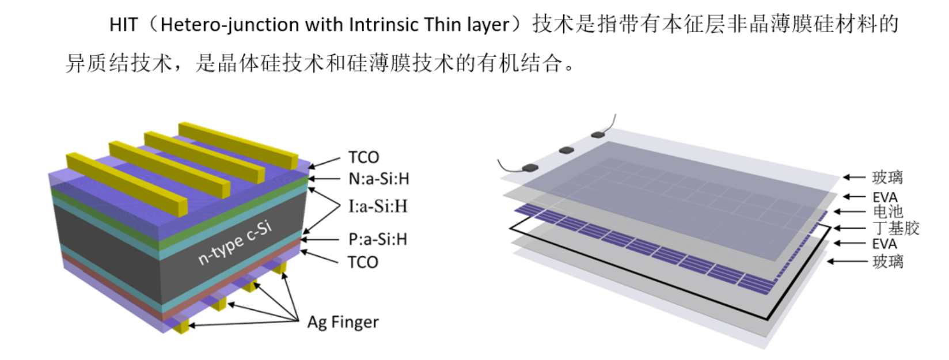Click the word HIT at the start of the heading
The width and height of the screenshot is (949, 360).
[123, 25]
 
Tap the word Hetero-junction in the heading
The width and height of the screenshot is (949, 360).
[230, 25]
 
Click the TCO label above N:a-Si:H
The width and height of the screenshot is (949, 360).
[363, 158]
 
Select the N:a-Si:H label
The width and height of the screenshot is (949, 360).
[379, 179]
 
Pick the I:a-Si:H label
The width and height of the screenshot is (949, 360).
[378, 206]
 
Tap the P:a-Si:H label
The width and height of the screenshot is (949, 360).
[378, 239]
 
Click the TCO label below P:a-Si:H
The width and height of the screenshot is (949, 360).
[363, 263]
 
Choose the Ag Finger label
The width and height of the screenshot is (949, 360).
[343, 323]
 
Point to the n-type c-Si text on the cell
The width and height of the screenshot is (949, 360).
[235, 244]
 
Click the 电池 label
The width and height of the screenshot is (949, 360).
[887, 211]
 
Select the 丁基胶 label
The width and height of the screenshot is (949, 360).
[895, 228]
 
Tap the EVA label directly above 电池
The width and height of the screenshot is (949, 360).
[885, 198]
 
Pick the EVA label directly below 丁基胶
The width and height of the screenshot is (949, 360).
[885, 244]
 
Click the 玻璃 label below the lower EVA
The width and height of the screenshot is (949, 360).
[888, 262]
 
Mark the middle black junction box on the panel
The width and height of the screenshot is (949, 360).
[567, 150]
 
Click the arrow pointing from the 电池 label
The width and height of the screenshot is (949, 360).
[849, 211]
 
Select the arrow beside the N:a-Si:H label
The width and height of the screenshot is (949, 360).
[324, 179]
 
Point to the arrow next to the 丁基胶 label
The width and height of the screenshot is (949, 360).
[849, 228]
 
